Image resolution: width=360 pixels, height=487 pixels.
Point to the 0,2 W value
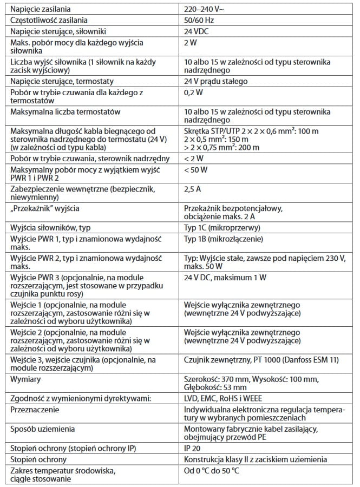tap(193, 93)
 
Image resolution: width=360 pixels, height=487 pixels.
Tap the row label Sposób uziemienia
tap(43, 429)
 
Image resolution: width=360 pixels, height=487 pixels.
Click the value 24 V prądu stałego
tap(216, 82)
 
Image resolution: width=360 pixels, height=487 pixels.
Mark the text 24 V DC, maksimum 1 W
tap(225, 278)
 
